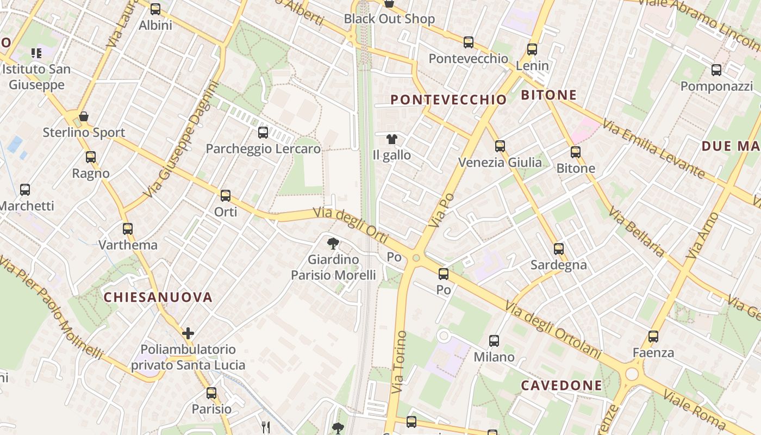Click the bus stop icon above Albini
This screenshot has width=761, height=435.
(155, 9)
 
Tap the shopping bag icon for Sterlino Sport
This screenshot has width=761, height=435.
(84, 116)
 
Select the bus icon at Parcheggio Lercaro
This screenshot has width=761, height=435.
(263, 132)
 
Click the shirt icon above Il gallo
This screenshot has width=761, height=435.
(392, 139)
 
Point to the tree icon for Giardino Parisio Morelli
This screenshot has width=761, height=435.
(333, 244)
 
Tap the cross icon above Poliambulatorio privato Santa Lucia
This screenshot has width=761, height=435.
(188, 333)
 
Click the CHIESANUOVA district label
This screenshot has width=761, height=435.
(158, 297)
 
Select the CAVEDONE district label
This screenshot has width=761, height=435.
(562, 386)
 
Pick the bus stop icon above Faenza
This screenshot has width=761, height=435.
(653, 337)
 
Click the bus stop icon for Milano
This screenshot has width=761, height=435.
(494, 341)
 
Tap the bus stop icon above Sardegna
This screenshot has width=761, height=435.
(559, 249)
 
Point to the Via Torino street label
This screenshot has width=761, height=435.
(398, 362)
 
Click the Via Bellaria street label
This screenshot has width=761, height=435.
(637, 231)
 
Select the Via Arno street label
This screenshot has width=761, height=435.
(702, 235)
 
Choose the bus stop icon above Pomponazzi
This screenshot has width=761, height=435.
(716, 70)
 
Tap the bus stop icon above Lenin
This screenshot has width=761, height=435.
(532, 49)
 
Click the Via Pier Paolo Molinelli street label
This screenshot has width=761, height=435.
(51, 308)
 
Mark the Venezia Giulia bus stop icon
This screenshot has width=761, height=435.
(500, 146)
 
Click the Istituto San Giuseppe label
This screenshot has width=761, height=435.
(36, 77)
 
